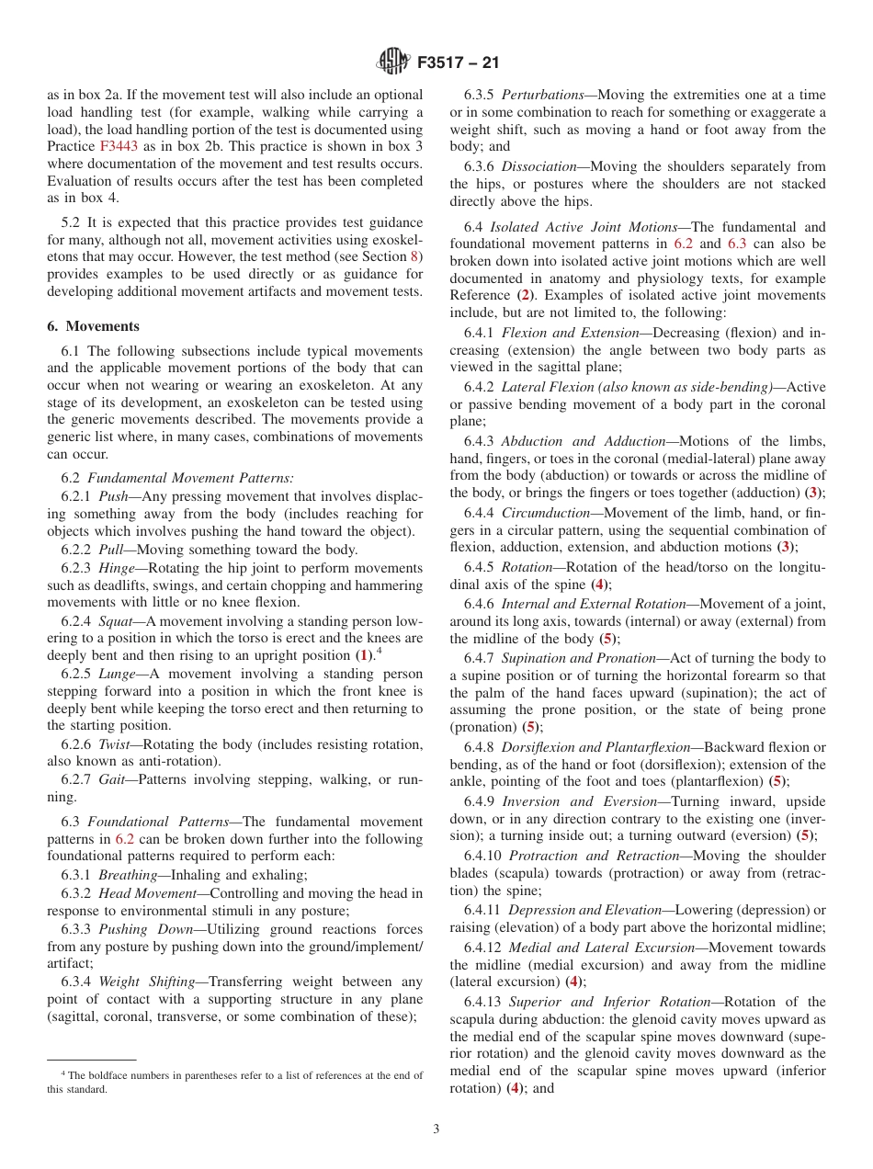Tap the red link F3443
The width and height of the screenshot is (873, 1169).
pos(119,146)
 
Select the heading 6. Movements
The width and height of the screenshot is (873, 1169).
pos(93,326)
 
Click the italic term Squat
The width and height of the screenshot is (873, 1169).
pos(116,621)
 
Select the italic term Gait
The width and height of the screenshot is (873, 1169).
pos(114,780)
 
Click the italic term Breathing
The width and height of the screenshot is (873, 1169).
pos(128,875)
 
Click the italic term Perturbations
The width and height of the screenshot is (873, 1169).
pos(543,95)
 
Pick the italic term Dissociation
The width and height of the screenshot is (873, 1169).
pos(540,166)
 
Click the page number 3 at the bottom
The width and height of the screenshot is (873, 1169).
pos(436,1129)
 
